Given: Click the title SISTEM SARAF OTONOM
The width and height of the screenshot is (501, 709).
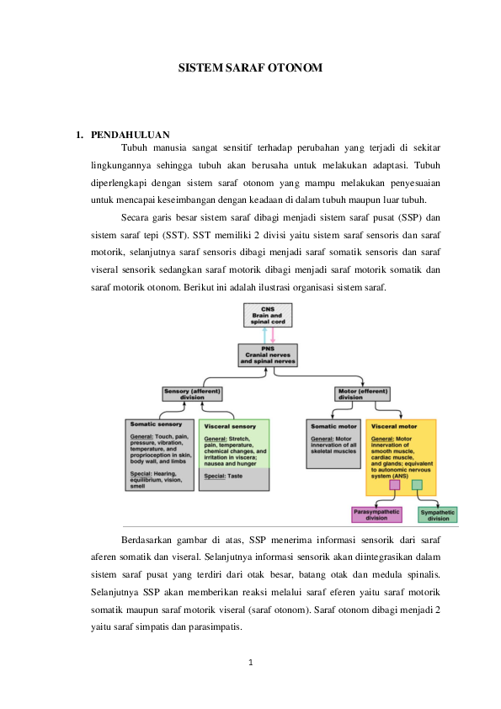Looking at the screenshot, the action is point(250,68).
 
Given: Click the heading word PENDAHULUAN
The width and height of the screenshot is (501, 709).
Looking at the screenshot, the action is point(131,135).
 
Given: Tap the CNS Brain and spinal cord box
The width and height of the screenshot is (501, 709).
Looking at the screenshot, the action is point(268,315).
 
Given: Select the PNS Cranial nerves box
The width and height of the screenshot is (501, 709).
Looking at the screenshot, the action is point(268,355).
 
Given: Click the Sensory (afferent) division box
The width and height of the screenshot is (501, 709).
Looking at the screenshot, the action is point(192,394).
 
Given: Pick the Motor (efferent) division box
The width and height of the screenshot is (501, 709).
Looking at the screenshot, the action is point(363,394).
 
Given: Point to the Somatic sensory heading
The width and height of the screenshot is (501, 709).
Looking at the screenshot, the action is point(156,424).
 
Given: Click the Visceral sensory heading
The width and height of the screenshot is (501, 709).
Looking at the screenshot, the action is point(230,426).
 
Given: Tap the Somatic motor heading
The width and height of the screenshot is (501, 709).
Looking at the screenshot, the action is point(333,426).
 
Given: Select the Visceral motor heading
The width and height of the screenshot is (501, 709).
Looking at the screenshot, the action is point(394,426).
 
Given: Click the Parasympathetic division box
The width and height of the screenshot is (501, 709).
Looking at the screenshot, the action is point(376,514).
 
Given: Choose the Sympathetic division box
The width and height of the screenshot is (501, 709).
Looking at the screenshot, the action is point(438,515).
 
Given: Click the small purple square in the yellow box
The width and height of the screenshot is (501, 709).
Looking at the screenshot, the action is point(395,485).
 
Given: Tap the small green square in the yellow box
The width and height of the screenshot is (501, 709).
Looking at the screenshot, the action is point(418,485).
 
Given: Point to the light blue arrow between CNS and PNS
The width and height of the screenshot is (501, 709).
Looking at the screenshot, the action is point(264,335).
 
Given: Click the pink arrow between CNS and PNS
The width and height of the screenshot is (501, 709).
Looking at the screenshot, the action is point(273,335).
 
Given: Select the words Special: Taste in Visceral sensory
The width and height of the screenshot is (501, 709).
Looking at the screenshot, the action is point(223,476).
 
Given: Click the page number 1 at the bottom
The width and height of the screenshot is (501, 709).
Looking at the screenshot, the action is point(251,663).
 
